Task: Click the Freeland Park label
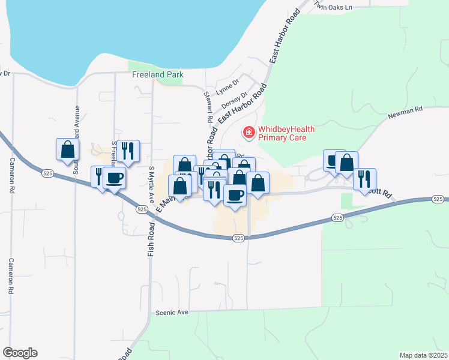point(157,75)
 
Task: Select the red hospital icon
point(247,131)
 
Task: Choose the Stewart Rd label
point(208,107)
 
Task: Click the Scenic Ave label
point(172,313)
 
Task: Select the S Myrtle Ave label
point(152,180)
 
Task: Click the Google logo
point(20,353)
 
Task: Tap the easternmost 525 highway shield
point(439,199)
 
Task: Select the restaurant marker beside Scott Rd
point(364,178)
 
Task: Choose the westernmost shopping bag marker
point(67,149)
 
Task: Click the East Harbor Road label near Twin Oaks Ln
point(285,37)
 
